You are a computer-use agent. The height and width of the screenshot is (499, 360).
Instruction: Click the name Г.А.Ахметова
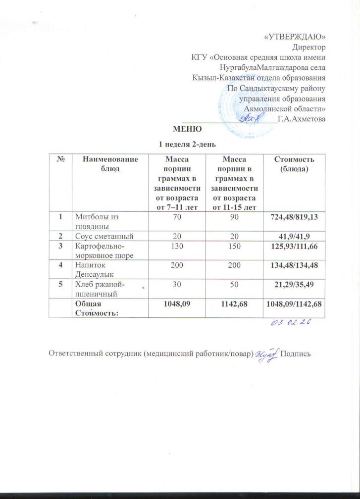pyautogui.click(x=302, y=119)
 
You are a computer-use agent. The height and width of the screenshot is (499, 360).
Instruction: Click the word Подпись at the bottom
pyautogui.click(x=295, y=354)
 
